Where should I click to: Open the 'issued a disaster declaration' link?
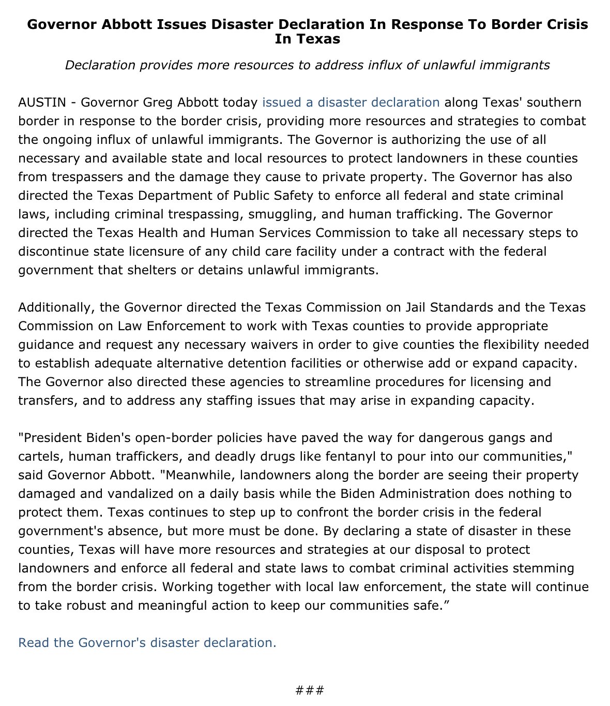pyautogui.click(x=350, y=102)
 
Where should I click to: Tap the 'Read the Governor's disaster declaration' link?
pyautogui.click(x=147, y=643)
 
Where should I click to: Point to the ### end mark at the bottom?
pyautogui.click(x=310, y=690)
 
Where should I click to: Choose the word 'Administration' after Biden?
pyautogui.click(x=424, y=494)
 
